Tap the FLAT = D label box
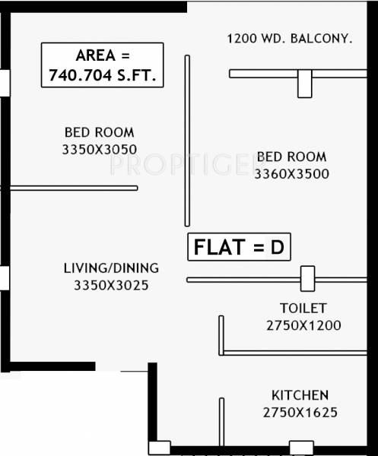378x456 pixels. click(x=240, y=247)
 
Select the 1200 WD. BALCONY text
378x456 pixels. click(x=290, y=38)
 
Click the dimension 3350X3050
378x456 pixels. click(x=100, y=150)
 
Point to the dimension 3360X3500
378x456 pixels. click(x=292, y=173)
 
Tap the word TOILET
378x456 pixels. click(x=302, y=308)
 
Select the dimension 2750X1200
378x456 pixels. click(x=303, y=325)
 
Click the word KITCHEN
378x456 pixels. click(x=300, y=395)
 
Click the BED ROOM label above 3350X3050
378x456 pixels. click(x=100, y=131)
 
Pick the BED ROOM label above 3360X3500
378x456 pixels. click(x=292, y=157)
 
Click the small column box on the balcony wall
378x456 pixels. click(x=305, y=84)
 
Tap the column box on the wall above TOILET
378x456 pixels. click(x=307, y=279)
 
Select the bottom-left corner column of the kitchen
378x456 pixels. click(x=159, y=448)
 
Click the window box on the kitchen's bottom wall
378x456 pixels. click(x=301, y=448)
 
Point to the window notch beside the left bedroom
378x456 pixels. click(x=5, y=83)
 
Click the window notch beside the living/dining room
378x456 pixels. click(x=5, y=277)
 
